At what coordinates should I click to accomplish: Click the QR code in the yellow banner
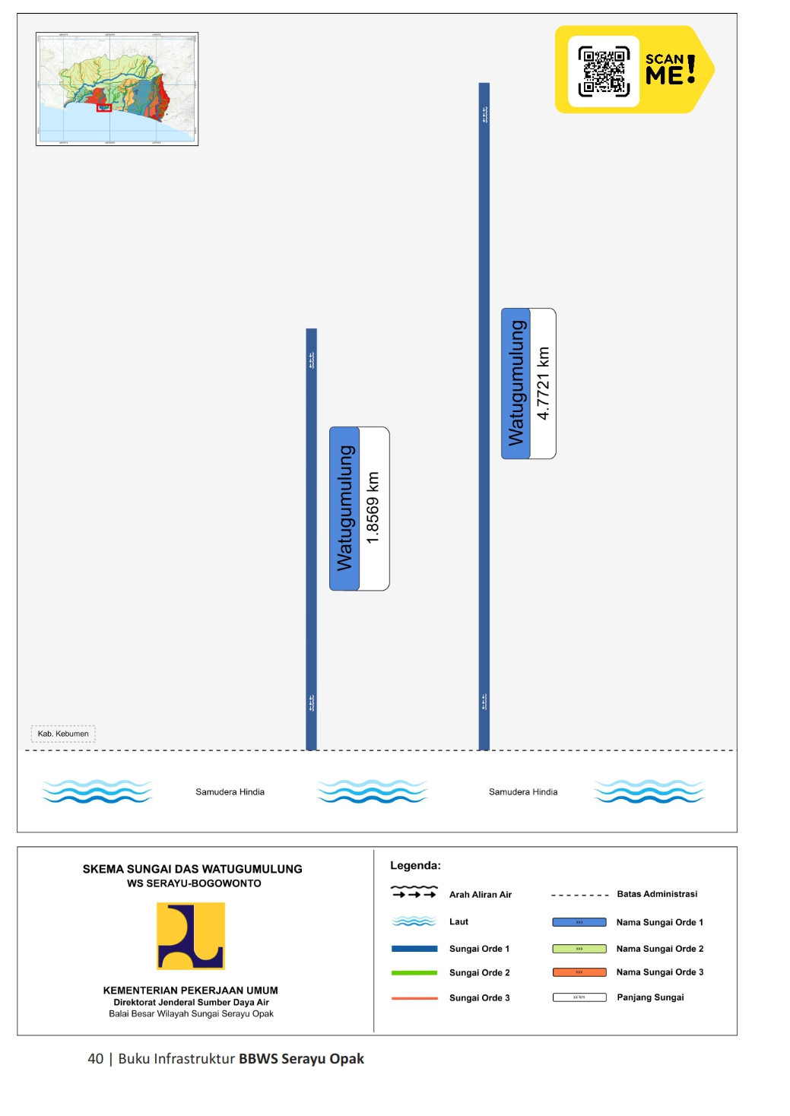[604, 71]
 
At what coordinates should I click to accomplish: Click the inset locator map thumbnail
[117, 89]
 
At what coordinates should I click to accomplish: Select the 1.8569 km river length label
[373, 508]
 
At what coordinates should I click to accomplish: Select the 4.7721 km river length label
[543, 383]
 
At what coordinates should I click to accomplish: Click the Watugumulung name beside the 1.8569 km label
[344, 508]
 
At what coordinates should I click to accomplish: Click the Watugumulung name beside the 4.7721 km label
[516, 383]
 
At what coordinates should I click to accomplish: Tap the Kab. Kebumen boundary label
[63, 734]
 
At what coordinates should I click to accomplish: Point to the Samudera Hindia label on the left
[230, 791]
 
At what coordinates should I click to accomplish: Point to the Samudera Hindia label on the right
[523, 791]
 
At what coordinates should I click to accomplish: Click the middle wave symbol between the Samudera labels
[373, 791]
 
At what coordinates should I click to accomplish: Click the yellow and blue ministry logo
[191, 936]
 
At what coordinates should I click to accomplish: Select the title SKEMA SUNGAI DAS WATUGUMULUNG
[192, 869]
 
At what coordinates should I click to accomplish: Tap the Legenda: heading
[415, 865]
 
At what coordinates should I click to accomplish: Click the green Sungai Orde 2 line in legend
[414, 972]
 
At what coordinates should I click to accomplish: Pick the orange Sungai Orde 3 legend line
[414, 997]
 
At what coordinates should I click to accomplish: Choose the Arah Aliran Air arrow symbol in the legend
[414, 892]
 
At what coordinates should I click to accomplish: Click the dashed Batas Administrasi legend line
[579, 895]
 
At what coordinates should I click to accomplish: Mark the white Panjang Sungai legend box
[579, 997]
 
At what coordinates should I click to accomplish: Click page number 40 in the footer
[96, 1059]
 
